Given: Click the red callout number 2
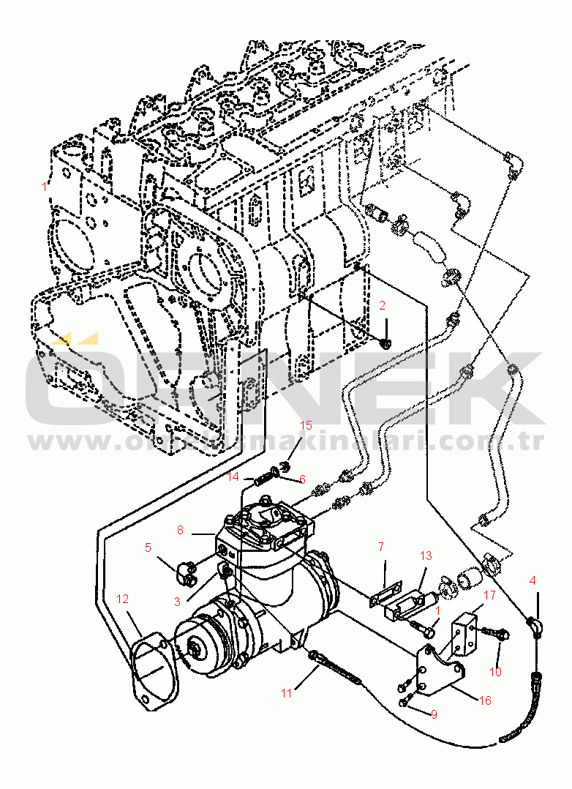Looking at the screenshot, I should click(x=381, y=305).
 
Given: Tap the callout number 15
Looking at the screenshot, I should click(x=306, y=425).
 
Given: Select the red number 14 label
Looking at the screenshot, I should click(x=233, y=476).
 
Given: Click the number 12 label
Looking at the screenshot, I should click(x=122, y=599).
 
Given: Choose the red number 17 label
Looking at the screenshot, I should click(x=489, y=595).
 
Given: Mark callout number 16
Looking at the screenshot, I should click(x=484, y=700).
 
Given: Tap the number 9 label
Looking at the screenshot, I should click(x=434, y=714).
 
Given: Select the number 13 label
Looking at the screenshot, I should click(x=426, y=556).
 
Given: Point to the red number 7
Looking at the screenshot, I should click(x=381, y=546).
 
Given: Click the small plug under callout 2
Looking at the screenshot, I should click(x=387, y=342).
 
